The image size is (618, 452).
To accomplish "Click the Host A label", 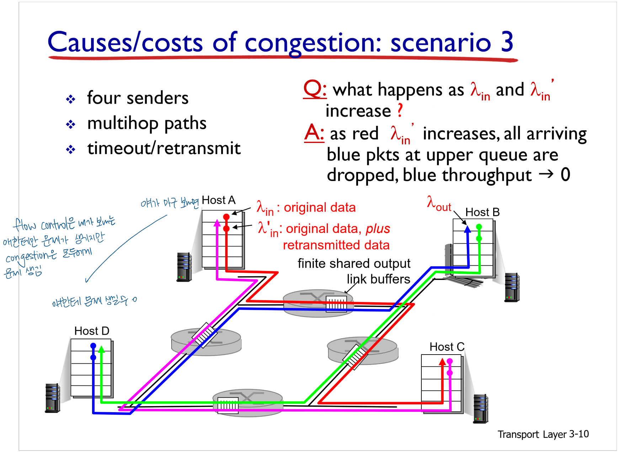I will pyautogui.click(x=218, y=200).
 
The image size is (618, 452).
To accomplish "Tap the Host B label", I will pyautogui.click(x=482, y=212).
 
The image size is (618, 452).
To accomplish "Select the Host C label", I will pyautogui.click(x=447, y=347).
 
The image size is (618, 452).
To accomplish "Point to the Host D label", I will pyautogui.click(x=91, y=331).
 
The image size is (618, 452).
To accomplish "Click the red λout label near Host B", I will pyautogui.click(x=438, y=204).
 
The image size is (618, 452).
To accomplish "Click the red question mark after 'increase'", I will pyautogui.click(x=400, y=111).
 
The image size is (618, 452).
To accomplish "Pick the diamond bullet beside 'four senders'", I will pyautogui.click(x=70, y=99).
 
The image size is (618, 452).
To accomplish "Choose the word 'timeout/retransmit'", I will pyautogui.click(x=164, y=148).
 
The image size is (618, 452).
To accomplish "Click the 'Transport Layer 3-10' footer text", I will pyautogui.click(x=543, y=434).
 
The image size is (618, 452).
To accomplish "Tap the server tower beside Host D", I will pyautogui.click(x=52, y=398).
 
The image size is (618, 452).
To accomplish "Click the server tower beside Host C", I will pyautogui.click(x=480, y=409).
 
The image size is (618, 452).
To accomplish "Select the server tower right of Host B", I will pyautogui.click(x=512, y=287).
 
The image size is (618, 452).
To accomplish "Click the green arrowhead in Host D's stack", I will pyautogui.click(x=102, y=349).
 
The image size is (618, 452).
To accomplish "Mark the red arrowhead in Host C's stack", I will pyautogui.click(x=442, y=362).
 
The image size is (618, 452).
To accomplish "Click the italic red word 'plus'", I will pyautogui.click(x=378, y=229).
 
